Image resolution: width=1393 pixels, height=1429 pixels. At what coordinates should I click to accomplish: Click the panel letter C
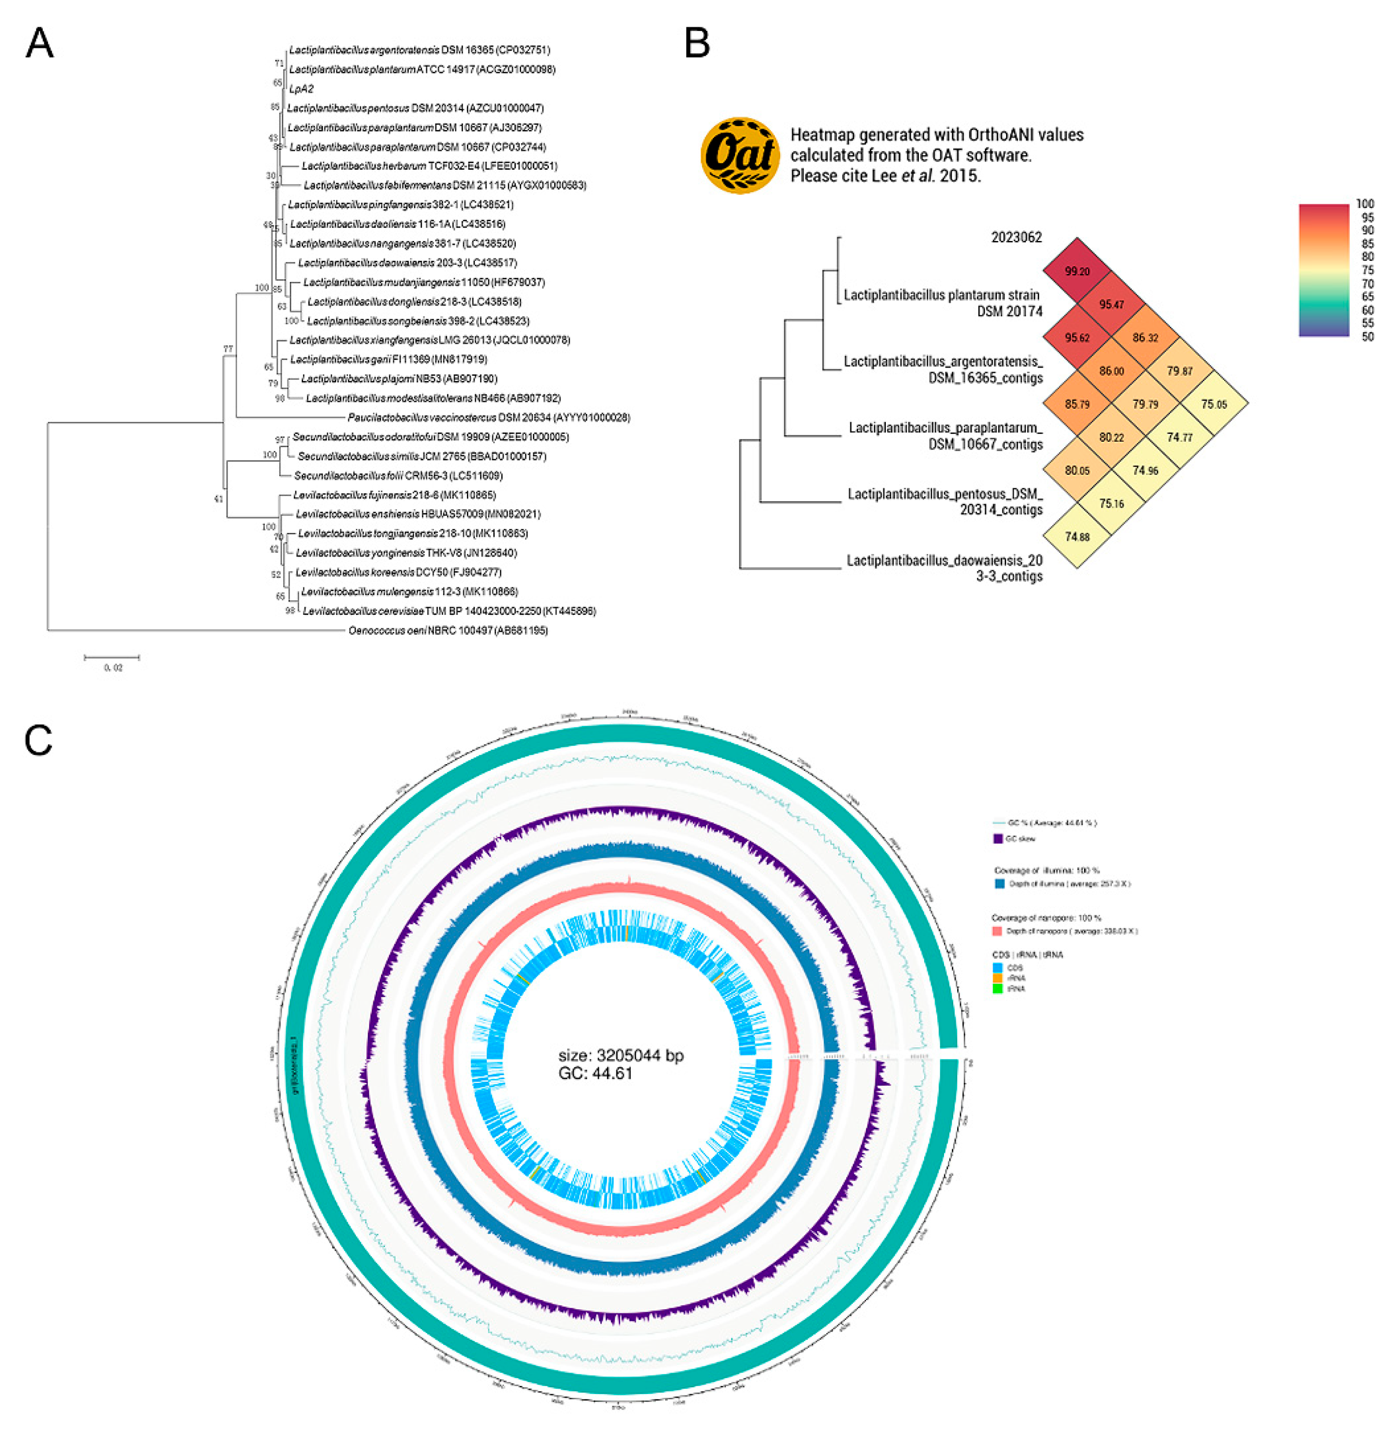(38, 740)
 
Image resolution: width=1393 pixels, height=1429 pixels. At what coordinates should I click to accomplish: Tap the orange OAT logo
(740, 155)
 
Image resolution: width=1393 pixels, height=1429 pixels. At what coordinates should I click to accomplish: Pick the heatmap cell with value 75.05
(1214, 404)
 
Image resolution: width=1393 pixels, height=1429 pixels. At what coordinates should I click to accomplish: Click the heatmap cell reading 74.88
(1077, 536)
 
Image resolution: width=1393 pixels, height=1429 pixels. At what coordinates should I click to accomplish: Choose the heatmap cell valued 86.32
(1145, 338)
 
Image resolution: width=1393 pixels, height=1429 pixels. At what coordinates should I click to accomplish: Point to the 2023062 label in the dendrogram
(1016, 237)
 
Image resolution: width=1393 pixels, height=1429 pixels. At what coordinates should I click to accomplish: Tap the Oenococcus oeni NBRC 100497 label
(448, 630)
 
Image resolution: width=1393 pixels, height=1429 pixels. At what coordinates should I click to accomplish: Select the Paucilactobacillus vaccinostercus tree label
(489, 417)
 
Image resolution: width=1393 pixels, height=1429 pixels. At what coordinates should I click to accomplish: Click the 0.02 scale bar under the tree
(112, 658)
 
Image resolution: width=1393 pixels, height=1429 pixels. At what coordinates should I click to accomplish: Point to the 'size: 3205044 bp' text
(621, 1055)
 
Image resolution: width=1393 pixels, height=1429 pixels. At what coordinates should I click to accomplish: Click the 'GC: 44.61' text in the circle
(595, 1074)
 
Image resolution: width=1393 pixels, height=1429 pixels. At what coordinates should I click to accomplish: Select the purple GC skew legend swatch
(997, 838)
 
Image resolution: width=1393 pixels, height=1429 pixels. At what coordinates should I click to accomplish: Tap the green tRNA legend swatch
(997, 989)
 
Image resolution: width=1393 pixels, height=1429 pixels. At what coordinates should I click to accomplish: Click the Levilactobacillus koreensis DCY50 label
(399, 572)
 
